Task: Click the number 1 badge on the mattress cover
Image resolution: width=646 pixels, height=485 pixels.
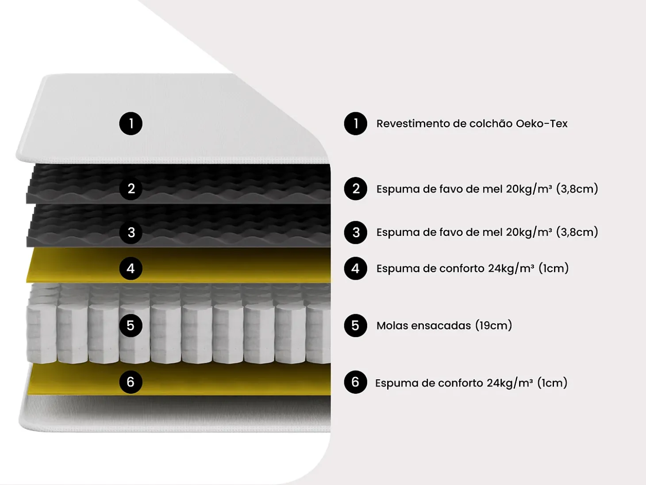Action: coord(131,123)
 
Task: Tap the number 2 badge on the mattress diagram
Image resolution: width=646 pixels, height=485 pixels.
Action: coord(131,189)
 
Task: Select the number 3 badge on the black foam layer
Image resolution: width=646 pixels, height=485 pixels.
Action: coord(131,232)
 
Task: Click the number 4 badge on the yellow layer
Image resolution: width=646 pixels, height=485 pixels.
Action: coord(131,269)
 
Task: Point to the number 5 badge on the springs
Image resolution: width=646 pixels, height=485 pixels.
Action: coord(131,326)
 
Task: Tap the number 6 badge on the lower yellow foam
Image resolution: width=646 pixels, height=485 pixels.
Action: coord(131,382)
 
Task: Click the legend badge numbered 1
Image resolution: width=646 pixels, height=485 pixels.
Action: coord(355,123)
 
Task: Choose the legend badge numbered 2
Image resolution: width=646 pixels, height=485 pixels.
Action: coord(355,189)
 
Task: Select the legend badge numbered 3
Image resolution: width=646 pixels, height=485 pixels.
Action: coord(355,232)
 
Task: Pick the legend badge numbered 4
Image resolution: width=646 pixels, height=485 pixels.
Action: coord(355,269)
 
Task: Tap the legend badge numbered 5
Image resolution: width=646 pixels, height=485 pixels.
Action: coord(355,326)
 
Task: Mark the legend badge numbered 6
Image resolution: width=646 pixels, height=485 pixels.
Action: coord(355,382)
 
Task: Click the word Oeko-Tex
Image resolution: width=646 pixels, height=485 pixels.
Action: coord(542,123)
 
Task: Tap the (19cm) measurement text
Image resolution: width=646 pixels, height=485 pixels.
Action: coord(493,326)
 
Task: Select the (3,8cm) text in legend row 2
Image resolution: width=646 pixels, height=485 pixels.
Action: coord(577,189)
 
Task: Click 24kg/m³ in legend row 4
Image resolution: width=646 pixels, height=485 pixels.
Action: coord(511,269)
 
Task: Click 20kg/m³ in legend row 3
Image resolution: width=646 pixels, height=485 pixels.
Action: coord(529,232)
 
